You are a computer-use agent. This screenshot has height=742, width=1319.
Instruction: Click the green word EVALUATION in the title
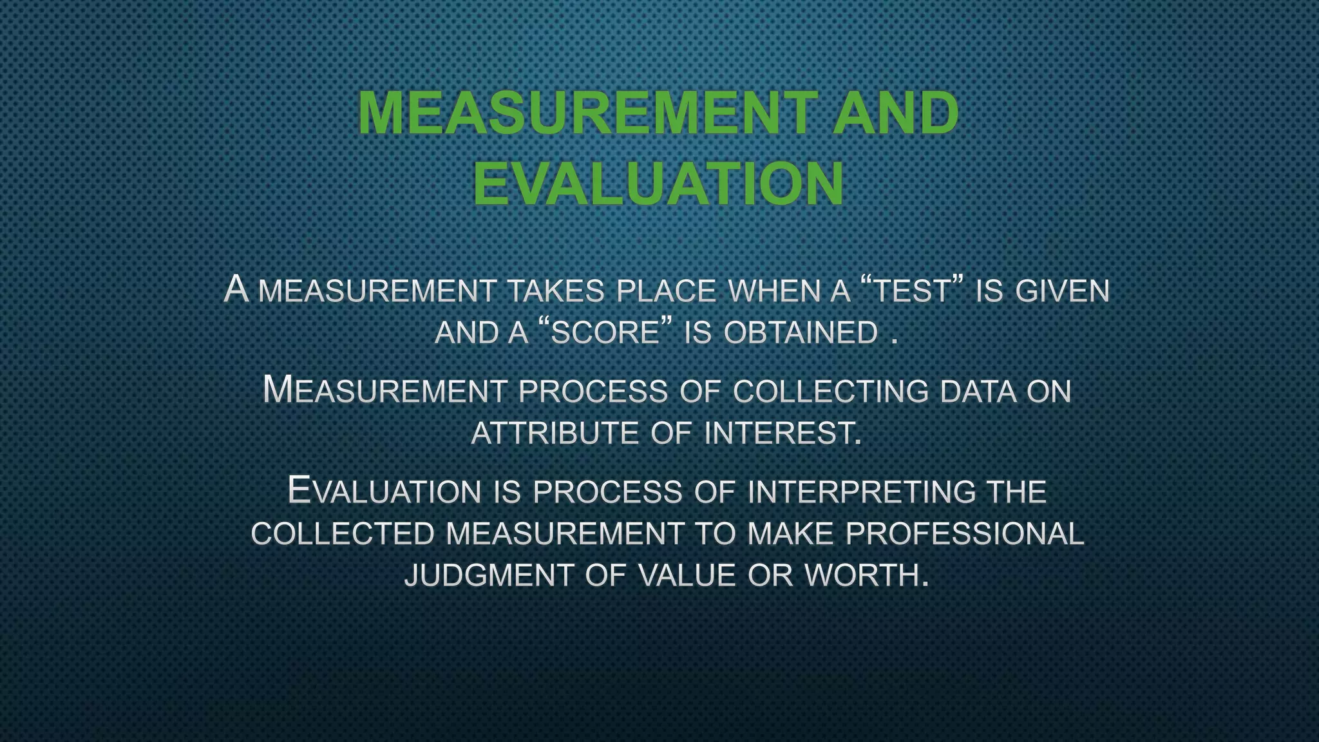tap(658, 184)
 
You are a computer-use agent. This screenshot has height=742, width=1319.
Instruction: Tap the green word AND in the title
tap(895, 113)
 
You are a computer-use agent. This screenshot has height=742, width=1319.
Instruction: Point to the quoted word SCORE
tap(605, 333)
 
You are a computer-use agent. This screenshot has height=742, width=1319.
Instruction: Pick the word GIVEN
tap(1062, 291)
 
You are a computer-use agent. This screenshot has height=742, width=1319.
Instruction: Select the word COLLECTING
tap(830, 392)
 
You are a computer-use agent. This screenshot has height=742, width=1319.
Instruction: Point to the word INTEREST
tap(782, 433)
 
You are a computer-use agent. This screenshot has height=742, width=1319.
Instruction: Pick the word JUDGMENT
tap(488, 575)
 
